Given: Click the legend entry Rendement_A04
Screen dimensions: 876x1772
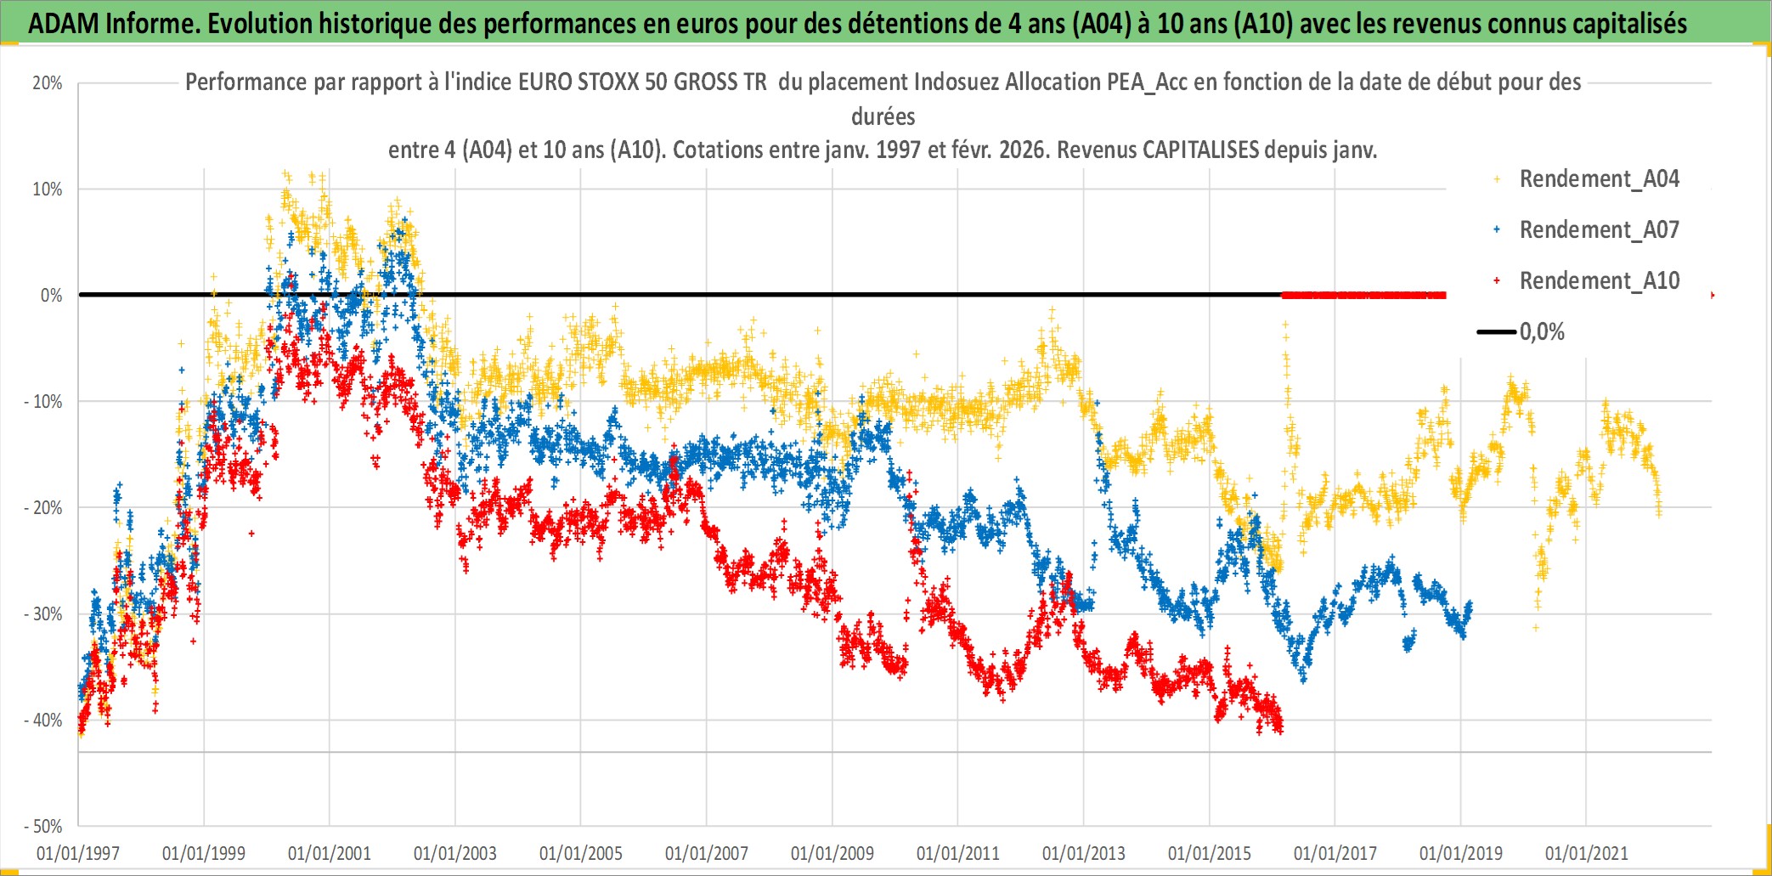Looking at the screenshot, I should point(1599,179).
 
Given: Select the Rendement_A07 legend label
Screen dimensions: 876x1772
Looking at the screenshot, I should point(1599,230).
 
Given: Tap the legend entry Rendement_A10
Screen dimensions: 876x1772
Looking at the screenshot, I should point(1599,281).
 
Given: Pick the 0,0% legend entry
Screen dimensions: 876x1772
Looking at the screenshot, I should point(1542,332).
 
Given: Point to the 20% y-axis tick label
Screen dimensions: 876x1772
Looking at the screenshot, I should point(48,83).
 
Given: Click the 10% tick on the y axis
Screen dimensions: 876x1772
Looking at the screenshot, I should point(48,189).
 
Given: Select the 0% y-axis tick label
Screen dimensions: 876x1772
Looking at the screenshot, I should point(51,296).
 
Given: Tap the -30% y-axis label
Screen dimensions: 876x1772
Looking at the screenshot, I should point(43,614).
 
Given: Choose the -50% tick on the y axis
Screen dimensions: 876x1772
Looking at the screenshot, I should point(43,827).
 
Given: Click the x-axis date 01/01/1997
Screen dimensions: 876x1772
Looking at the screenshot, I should point(78,853).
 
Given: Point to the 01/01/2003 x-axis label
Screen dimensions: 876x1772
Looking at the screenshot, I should point(455,853).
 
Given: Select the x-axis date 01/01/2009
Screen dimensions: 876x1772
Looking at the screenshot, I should point(832,853).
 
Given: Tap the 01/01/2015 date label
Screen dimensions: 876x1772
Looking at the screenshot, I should point(1210,853).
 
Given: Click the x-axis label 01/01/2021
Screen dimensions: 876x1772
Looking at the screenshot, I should point(1587,853).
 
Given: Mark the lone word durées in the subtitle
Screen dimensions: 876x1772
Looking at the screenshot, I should point(883,116).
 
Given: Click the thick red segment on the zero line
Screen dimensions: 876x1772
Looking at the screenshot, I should point(1363,296).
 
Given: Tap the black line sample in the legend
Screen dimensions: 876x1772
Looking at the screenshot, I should point(1497,332).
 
